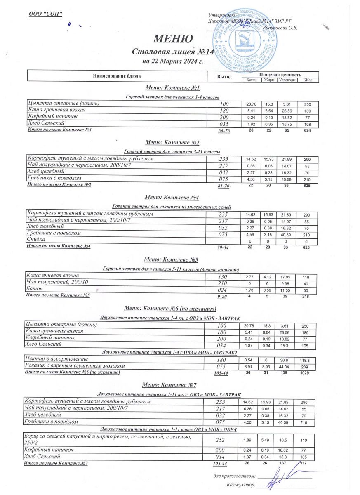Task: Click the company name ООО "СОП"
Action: [x=45, y=14]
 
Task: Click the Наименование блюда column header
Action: [x=117, y=76]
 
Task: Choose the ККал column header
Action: [x=308, y=80]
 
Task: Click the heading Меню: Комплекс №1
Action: [x=172, y=88]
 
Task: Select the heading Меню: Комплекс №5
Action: [x=171, y=260]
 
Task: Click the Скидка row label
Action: [x=36, y=240]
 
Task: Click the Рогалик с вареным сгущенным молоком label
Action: [x=75, y=366]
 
